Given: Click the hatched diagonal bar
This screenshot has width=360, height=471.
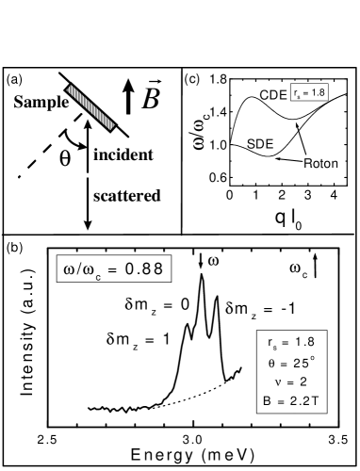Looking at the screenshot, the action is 90,107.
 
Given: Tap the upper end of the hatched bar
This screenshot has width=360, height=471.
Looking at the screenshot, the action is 71,89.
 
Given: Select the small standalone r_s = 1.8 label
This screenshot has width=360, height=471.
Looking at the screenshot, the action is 309,92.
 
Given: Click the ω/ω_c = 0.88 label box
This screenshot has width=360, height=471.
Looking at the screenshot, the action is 113,268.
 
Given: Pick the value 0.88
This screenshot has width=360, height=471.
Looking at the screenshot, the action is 144,268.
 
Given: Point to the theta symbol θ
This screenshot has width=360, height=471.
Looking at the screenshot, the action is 271,363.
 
